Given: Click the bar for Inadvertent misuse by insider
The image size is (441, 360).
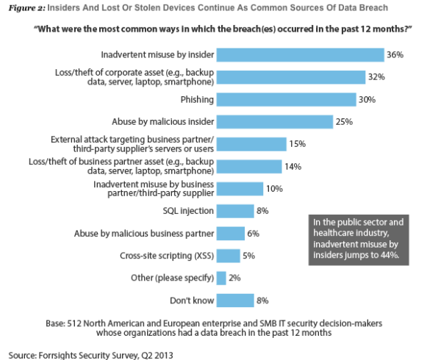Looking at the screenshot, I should coord(301,55).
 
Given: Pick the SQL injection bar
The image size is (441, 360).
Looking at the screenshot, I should coord(236,211).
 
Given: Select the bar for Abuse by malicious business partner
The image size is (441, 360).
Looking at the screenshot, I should coord(232,233).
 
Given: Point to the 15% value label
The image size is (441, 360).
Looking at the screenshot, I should coord(298,144).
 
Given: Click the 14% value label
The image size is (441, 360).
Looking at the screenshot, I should coord(293,166).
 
